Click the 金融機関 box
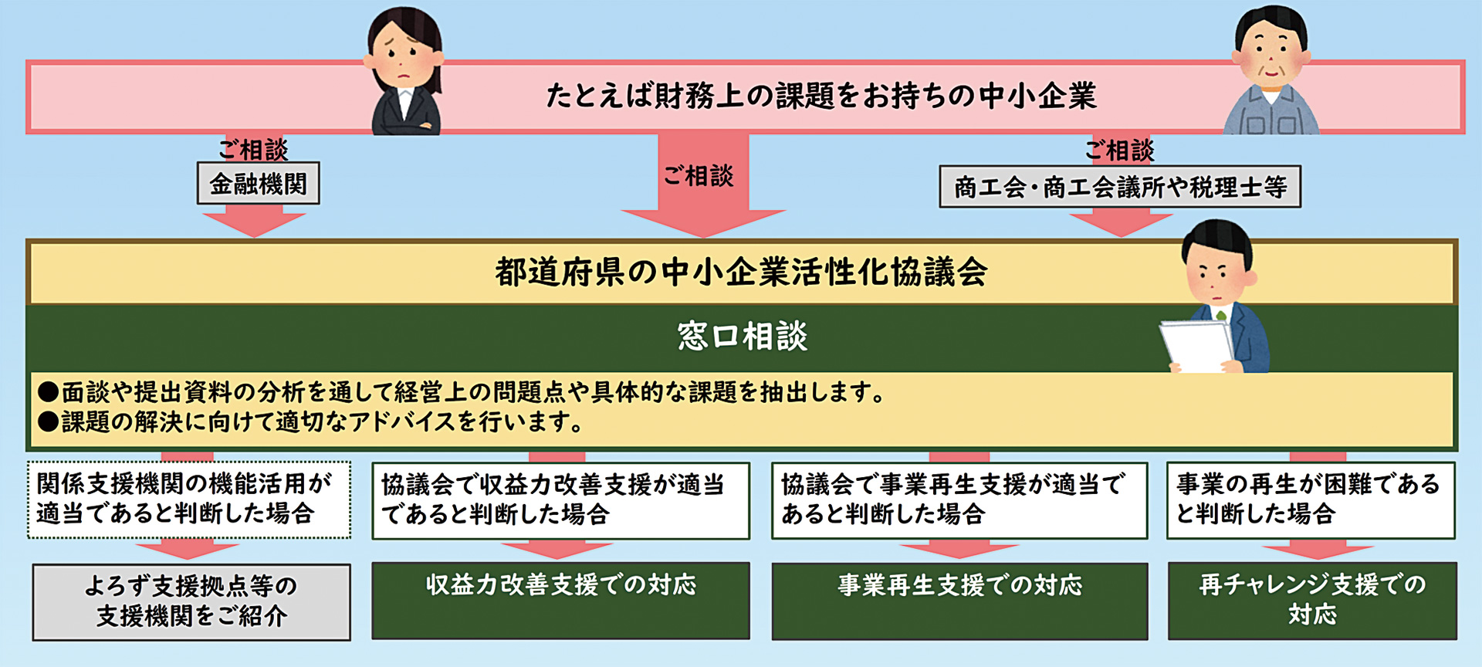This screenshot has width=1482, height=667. click(259, 184)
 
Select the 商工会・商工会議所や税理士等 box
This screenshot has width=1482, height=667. click(1120, 187)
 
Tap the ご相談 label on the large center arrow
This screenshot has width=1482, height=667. click(699, 176)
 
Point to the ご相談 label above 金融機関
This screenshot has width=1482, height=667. click(252, 148)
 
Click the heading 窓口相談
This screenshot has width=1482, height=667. click(743, 337)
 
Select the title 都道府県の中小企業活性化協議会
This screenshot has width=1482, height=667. click(741, 272)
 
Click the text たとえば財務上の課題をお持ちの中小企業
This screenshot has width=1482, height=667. click(821, 96)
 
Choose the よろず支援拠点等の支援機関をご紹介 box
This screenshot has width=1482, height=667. click(191, 602)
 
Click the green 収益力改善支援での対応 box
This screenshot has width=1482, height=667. click(561, 601)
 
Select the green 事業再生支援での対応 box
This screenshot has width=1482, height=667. click(960, 601)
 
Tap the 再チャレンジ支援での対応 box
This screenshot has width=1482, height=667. click(1312, 601)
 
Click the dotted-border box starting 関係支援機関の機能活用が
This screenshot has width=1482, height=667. click(189, 499)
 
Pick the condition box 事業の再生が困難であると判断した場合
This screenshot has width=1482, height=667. click(1311, 499)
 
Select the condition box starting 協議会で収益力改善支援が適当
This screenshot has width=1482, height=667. click(561, 500)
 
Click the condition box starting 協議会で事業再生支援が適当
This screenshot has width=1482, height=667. click(960, 500)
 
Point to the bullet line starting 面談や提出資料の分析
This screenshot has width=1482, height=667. click(462, 392)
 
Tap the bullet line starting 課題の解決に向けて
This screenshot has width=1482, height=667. click(310, 422)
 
